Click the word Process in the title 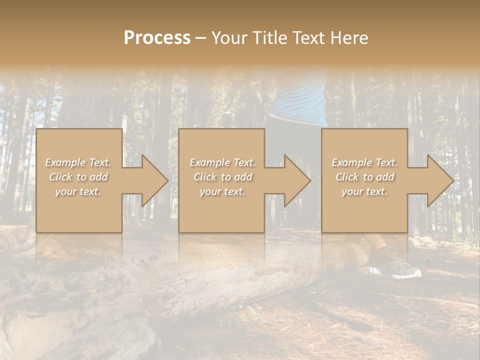tap(157, 38)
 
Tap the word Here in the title tap(348, 38)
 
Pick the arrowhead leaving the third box tap(439, 180)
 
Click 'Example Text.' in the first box tap(78, 162)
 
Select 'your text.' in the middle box tap(222, 191)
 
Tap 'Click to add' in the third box tap(364, 177)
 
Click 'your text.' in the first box tap(78, 191)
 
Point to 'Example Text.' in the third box tap(364, 162)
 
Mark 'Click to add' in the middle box tap(222, 177)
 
